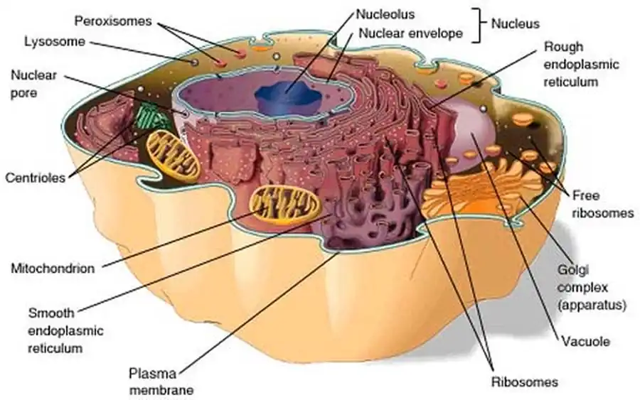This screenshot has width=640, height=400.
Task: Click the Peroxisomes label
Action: (113, 20)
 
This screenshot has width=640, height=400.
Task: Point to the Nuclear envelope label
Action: (411, 33)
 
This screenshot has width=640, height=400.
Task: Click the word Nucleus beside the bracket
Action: (518, 23)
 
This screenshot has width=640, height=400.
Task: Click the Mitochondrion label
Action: (53, 269)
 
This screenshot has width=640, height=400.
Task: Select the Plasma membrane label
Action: (160, 381)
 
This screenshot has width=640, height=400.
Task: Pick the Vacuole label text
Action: (585, 341)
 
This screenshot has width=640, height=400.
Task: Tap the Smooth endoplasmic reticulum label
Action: (65, 330)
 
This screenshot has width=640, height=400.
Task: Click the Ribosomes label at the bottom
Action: (524, 382)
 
